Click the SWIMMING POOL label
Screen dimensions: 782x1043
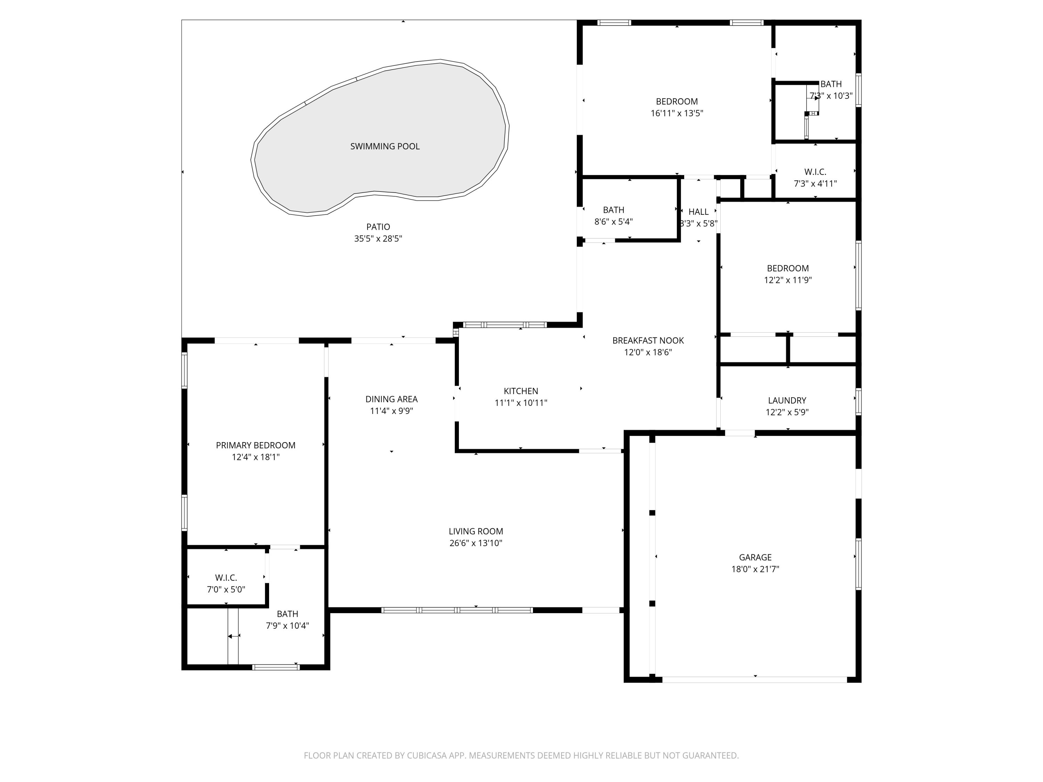pyautogui.click(x=385, y=146)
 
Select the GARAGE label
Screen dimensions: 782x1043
pyautogui.click(x=755, y=557)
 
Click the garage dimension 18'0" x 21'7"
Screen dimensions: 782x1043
pyautogui.click(x=755, y=569)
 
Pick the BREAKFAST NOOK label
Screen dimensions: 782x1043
pyautogui.click(x=648, y=340)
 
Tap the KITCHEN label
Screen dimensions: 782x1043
pyautogui.click(x=520, y=391)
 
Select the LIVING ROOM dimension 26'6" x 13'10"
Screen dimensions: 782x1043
pyautogui.click(x=476, y=543)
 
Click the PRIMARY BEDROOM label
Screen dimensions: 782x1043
pyautogui.click(x=256, y=445)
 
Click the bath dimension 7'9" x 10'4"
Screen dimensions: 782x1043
pyautogui.click(x=287, y=626)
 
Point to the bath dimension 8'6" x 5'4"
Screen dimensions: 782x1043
pyautogui.click(x=613, y=221)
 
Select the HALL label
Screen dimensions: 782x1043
pyautogui.click(x=698, y=212)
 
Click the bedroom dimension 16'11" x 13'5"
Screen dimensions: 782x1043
pyautogui.click(x=677, y=113)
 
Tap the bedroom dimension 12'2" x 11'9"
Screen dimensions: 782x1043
pyautogui.click(x=787, y=280)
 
